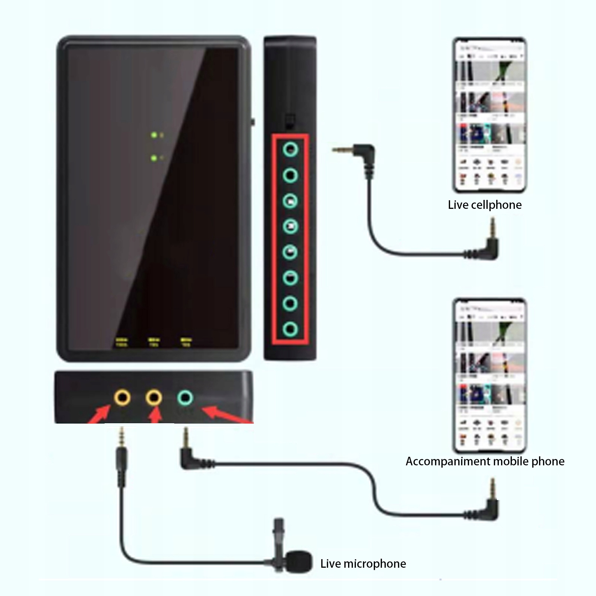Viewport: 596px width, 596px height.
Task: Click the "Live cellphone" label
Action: pos(484,205)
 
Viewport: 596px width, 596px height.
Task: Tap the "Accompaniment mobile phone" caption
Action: pos(485,461)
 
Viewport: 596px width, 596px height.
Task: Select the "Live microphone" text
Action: pos(363,564)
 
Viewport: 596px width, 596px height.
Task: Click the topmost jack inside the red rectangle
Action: pos(290,150)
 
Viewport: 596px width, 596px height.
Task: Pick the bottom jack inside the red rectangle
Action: pos(290,329)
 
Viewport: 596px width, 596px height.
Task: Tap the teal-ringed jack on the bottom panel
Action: pos(185,398)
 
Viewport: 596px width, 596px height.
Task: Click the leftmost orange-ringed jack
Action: pos(122,398)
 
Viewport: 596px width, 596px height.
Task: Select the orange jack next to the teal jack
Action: pos(153,398)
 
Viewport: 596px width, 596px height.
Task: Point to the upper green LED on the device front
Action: pos(154,135)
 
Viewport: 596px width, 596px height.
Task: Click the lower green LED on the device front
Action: pos(154,158)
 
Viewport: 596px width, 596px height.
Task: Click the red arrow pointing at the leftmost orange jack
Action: pos(99,415)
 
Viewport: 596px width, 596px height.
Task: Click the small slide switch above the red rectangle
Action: pos(289,121)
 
